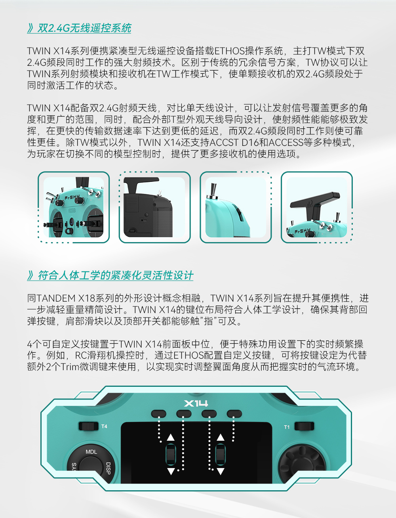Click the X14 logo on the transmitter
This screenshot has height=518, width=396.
196,403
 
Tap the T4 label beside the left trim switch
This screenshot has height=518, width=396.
104,426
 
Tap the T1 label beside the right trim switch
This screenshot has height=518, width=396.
287,427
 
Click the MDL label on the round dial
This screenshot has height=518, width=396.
91,452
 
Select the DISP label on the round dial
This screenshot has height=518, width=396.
108,468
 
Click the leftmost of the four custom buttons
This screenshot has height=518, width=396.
159,413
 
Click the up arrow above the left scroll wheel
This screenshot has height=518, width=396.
171,437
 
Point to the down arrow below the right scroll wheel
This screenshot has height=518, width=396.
221,471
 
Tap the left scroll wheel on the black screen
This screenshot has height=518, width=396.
171,454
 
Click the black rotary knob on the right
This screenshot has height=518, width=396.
302,464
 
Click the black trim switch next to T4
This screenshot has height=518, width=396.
88,426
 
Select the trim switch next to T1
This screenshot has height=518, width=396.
304,426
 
